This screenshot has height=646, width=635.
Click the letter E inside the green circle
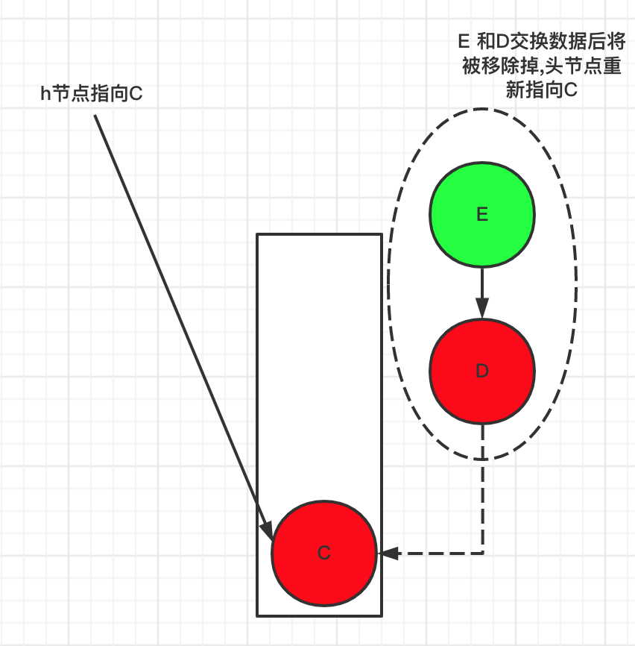[481, 215]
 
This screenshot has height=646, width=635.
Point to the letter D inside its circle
[481, 371]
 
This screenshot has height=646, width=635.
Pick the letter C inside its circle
[323, 554]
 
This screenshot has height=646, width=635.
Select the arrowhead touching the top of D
[481, 308]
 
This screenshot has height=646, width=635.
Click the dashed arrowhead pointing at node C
[389, 554]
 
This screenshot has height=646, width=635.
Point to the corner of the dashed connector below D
[483, 554]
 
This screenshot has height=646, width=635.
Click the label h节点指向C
[91, 94]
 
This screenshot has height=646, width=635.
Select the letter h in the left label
[45, 94]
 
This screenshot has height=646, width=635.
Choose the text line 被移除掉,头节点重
[542, 65]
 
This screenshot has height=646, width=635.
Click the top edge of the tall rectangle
[319, 235]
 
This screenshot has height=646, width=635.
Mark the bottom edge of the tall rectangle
[319, 615]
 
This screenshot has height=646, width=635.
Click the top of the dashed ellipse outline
[482, 110]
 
